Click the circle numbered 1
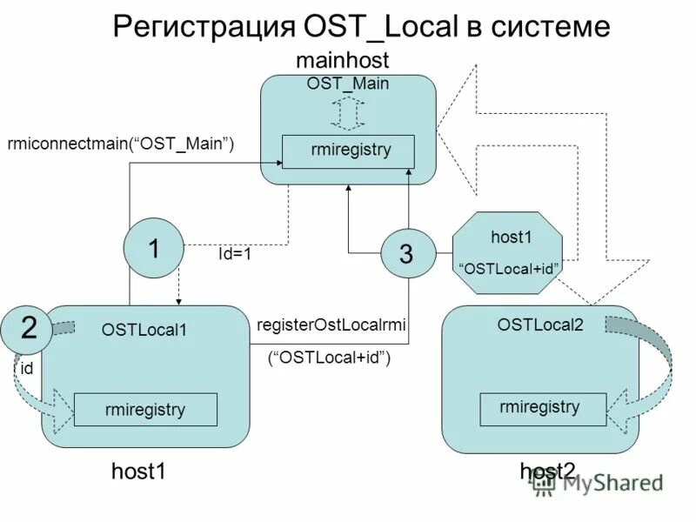tap(153, 250)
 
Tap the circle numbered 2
tap(29, 328)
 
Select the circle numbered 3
tap(405, 254)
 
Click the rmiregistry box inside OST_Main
tap(348, 151)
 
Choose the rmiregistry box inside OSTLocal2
tap(541, 407)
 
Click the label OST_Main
tap(347, 84)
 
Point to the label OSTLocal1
tap(144, 330)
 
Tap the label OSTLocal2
tap(540, 325)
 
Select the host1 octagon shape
tap(510, 253)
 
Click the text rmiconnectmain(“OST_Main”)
tap(121, 144)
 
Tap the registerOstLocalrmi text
tap(332, 325)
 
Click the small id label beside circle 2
tap(27, 369)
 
